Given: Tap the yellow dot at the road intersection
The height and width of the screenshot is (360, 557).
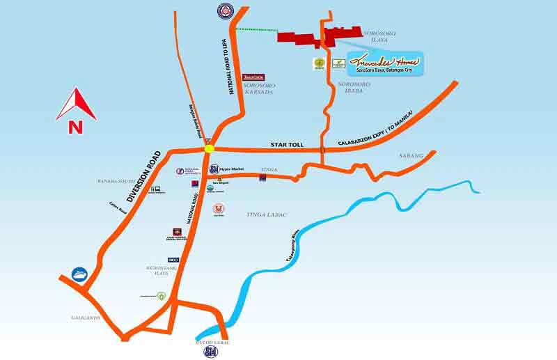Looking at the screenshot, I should click(209, 148).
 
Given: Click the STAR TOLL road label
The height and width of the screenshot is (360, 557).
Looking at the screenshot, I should click(285, 145).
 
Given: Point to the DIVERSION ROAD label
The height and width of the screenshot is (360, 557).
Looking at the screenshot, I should click(143, 175).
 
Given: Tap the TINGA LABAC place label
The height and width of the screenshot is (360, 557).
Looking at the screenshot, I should click(267, 214).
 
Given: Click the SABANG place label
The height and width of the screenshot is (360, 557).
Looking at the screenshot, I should click(411, 156).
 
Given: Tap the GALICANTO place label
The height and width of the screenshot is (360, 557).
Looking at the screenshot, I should click(85, 318).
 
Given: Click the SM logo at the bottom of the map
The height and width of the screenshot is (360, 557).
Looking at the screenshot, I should click(210, 352).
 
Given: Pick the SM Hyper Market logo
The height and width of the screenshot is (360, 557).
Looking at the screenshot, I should click(214, 169).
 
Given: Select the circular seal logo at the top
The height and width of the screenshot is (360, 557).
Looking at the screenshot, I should click(224, 10).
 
